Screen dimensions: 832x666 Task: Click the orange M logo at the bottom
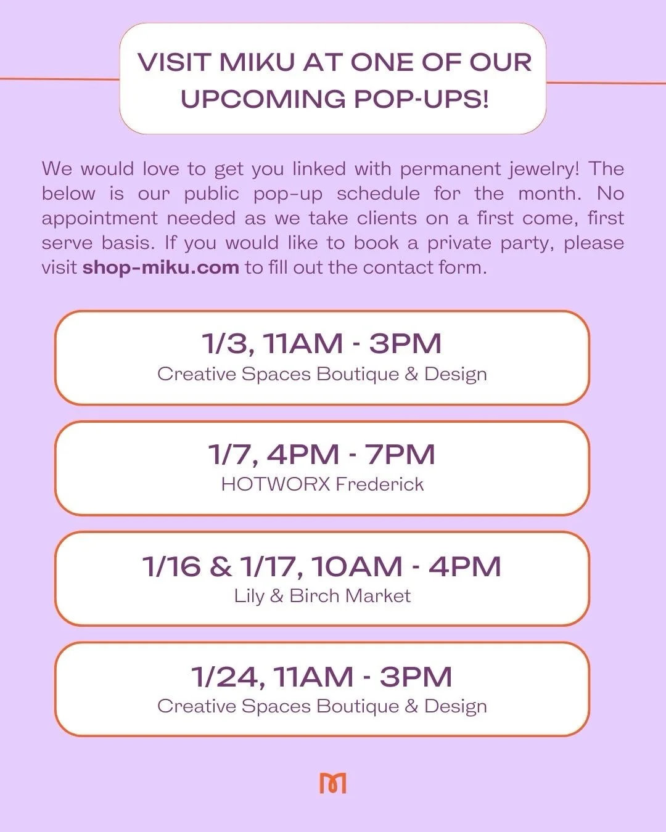pos(333,783)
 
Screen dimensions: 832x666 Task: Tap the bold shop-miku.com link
pos(160,267)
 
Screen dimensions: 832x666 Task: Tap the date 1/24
pos(226,677)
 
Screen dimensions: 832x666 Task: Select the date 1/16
pos(171,566)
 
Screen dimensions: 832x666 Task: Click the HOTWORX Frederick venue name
pos(323,484)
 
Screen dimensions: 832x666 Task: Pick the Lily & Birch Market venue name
pos(323,596)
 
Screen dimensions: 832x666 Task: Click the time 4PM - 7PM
pos(351,455)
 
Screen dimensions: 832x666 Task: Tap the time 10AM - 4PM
pos(406,566)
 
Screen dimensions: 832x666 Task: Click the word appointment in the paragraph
pos(99,219)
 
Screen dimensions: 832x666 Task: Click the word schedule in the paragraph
pos(378,194)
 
